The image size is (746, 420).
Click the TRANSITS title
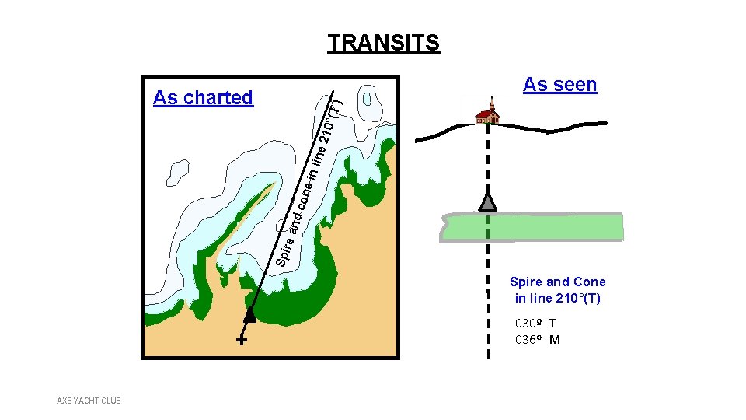tap(383, 43)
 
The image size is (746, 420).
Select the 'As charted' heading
tap(203, 98)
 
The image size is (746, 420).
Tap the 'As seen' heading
tap(559, 85)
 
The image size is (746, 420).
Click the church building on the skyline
tap(487, 114)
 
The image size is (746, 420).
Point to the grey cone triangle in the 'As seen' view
tap(487, 201)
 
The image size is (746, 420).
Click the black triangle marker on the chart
tap(249, 314)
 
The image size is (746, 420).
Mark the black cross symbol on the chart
tap(242, 341)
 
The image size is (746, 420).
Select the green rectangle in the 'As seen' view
tap(532, 227)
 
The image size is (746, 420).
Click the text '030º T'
tap(535, 323)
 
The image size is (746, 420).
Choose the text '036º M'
tap(537, 340)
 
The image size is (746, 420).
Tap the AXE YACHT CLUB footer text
tap(89, 401)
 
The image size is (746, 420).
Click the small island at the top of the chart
tap(369, 100)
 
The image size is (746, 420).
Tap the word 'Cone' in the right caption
tap(590, 282)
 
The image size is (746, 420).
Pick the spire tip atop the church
tap(491, 100)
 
